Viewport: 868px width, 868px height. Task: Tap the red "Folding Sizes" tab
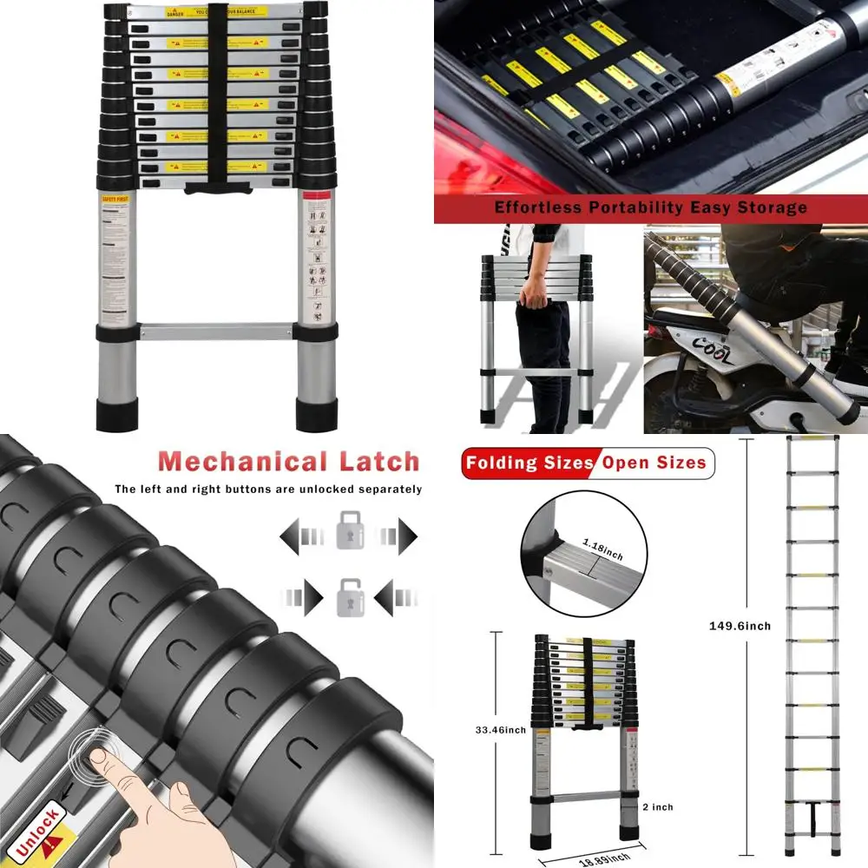[528, 463]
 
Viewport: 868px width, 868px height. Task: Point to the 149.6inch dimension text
[740, 626]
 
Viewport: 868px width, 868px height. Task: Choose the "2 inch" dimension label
[657, 807]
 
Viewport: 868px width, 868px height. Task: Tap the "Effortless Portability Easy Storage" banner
[650, 207]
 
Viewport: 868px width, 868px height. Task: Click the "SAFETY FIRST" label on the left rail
[113, 199]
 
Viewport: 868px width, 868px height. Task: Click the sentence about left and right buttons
[268, 490]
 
